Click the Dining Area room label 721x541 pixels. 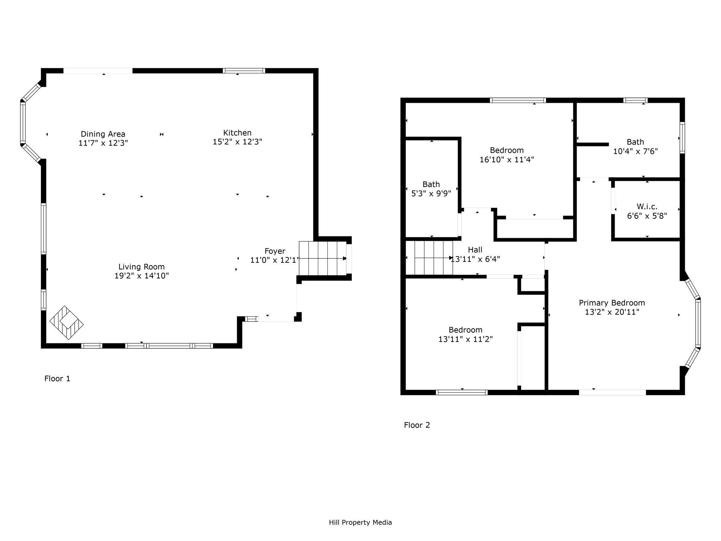103,134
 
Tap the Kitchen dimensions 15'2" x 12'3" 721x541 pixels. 237,142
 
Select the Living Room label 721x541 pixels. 142,267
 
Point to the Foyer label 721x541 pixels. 275,251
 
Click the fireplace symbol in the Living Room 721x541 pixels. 67,322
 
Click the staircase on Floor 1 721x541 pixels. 322,258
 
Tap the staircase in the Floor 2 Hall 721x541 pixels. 433,257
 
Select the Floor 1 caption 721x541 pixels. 57,379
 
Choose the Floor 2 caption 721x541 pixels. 417,425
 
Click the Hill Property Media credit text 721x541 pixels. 360,522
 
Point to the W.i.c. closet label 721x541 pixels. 647,207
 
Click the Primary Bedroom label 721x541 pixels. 612,303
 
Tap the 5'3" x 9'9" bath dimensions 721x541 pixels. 431,193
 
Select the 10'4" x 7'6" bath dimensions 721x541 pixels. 635,151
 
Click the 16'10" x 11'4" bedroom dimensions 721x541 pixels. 507,160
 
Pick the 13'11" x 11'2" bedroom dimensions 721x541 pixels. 465,339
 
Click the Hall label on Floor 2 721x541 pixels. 475,250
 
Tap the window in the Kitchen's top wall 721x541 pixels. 244,70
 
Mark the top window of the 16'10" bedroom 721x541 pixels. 518,100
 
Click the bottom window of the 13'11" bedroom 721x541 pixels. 462,392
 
